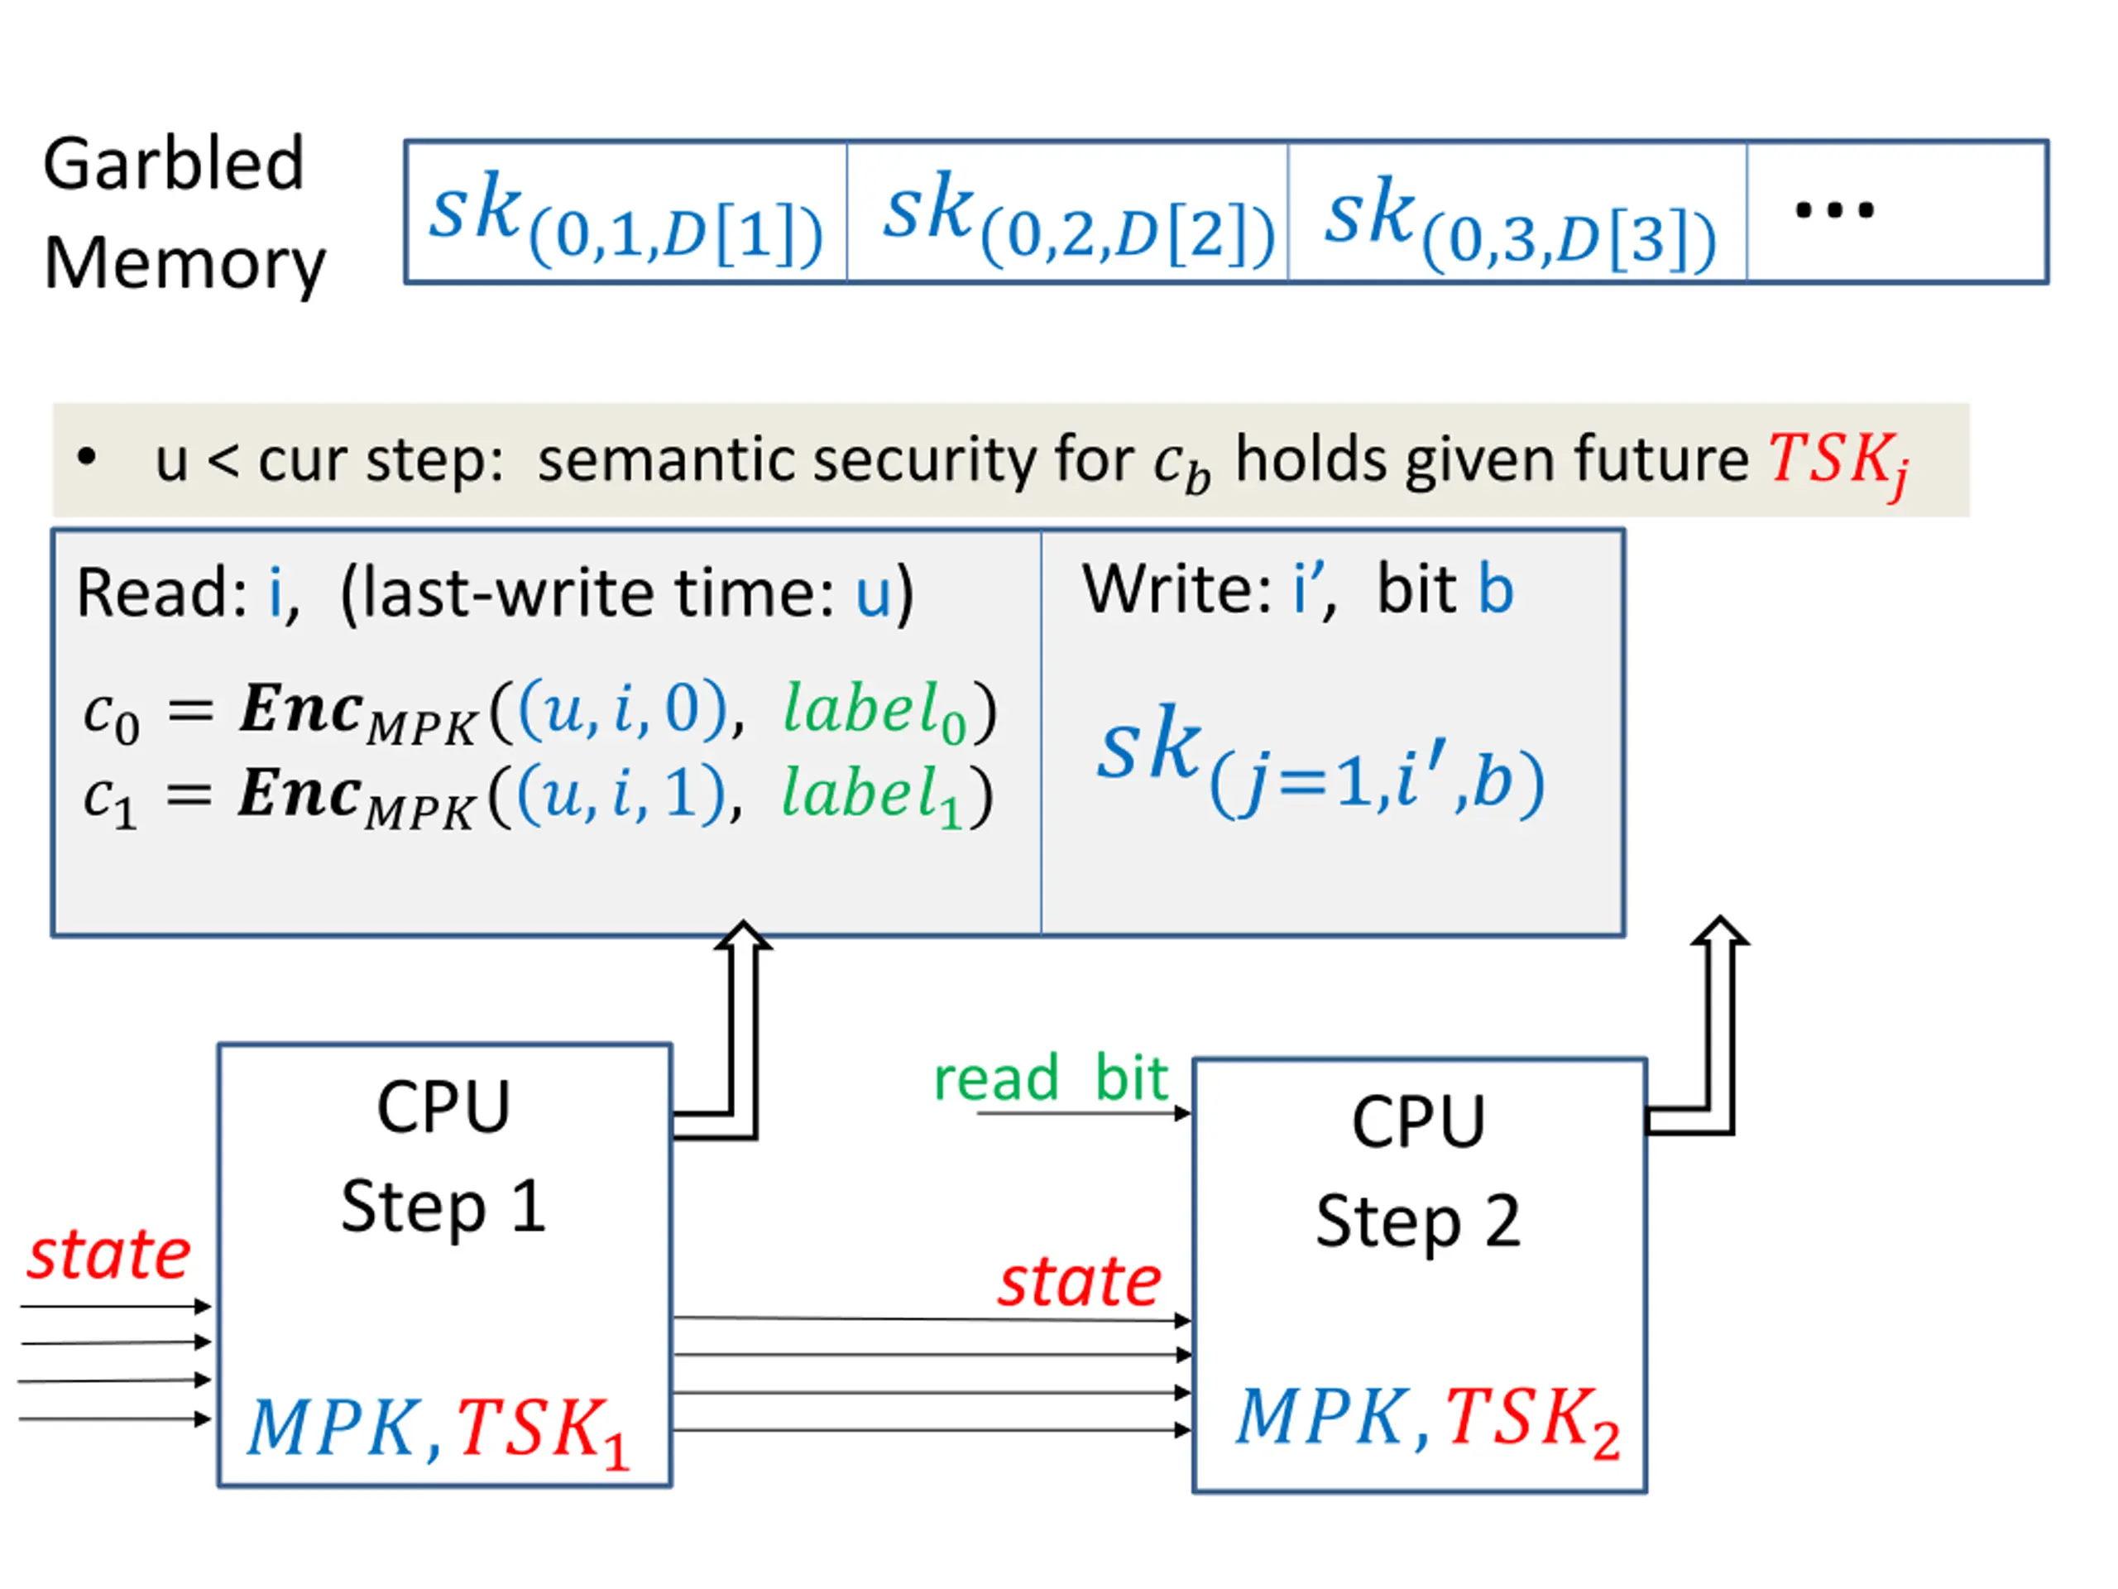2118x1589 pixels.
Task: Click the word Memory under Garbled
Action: [184, 263]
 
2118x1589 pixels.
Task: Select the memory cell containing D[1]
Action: [626, 213]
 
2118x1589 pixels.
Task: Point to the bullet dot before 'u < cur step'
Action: [87, 458]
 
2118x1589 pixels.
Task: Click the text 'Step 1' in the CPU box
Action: [443, 1206]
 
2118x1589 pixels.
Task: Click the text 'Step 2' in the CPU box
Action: [1417, 1222]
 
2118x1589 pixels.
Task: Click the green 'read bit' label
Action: [1051, 1079]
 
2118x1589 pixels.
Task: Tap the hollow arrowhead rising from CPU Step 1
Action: [743, 937]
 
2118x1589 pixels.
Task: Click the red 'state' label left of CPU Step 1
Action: [108, 1255]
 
